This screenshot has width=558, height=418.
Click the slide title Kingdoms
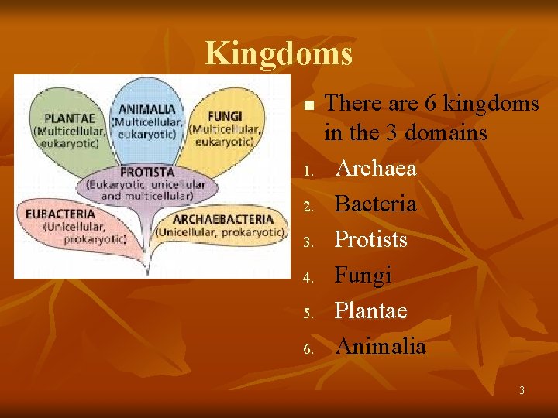click(x=278, y=53)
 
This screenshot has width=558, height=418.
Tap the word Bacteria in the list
click(x=375, y=204)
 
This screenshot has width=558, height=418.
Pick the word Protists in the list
click(x=370, y=240)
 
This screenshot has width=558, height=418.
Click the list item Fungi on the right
click(x=363, y=275)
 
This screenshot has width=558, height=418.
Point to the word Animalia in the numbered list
click(x=380, y=346)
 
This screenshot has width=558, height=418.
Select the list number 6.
click(x=307, y=349)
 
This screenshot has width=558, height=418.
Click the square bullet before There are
click(x=308, y=104)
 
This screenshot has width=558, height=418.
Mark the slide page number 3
click(x=522, y=391)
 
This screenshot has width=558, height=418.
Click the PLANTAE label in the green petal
click(x=70, y=118)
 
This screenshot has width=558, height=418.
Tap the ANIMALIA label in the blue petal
click(x=147, y=109)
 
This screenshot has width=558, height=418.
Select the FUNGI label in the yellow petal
click(x=225, y=116)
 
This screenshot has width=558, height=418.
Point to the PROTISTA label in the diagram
click(x=146, y=172)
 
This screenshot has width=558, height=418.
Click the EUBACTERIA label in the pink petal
click(x=60, y=214)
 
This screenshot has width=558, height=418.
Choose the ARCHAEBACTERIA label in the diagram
click(x=223, y=218)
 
